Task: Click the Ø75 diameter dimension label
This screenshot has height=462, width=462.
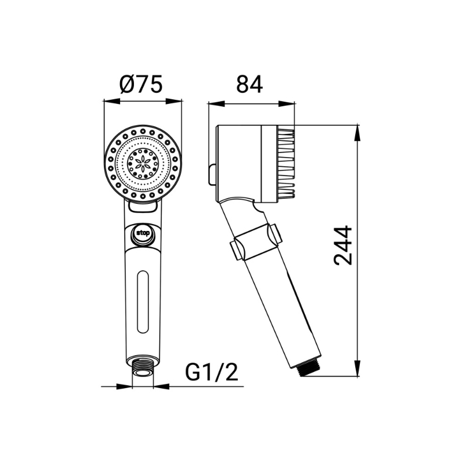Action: click(x=141, y=84)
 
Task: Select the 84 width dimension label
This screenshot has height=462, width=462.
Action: click(x=249, y=84)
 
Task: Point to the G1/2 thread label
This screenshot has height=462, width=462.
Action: click(x=211, y=372)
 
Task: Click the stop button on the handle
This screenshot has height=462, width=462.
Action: click(x=143, y=233)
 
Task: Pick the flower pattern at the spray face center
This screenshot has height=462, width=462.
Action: click(x=143, y=162)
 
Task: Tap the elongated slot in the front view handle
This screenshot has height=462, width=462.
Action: click(x=143, y=301)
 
